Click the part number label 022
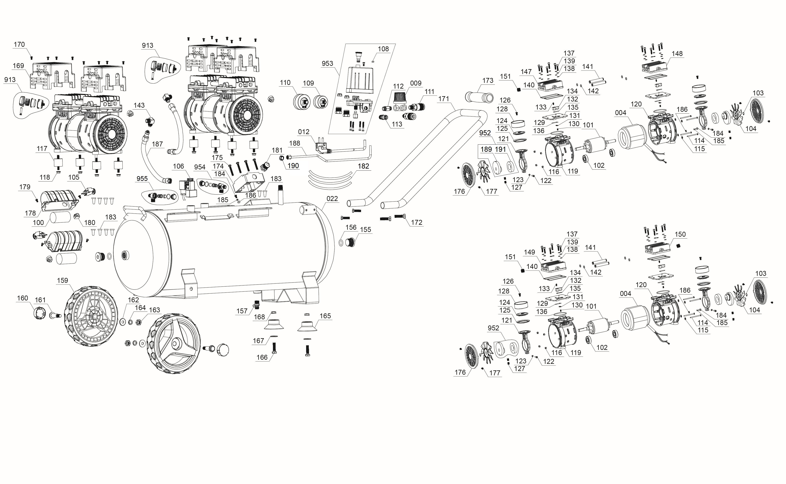(332, 199)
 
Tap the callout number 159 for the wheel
(62, 280)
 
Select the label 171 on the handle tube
(444, 99)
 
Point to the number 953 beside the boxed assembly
(327, 63)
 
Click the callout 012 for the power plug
(303, 132)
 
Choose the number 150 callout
(680, 234)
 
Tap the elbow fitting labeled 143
(150, 122)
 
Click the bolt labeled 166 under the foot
(274, 348)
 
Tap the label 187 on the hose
(157, 144)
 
